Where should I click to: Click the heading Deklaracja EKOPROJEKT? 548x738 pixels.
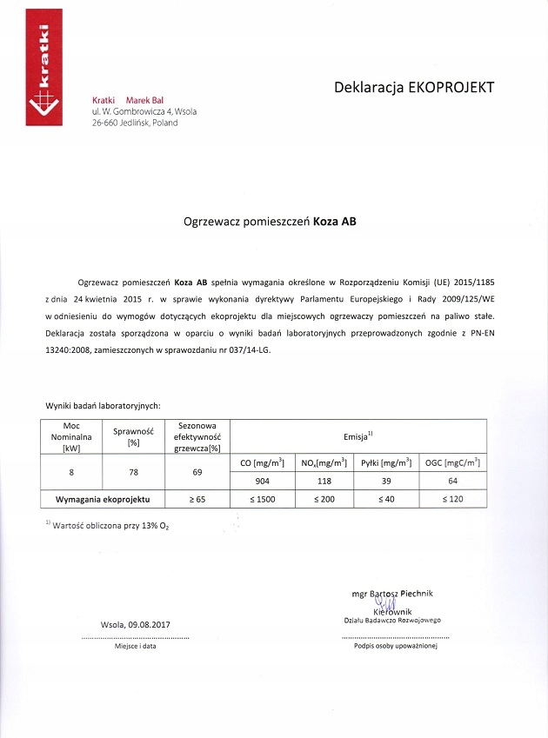(414, 87)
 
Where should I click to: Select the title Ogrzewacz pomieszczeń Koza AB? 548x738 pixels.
(270, 221)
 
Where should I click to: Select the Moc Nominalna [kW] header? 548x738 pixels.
(71, 436)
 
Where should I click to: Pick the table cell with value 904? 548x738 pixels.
(264, 481)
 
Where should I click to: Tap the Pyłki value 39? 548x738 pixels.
(384, 481)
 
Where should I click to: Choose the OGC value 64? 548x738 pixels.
(451, 481)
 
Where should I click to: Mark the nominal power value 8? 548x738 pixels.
(71, 472)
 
